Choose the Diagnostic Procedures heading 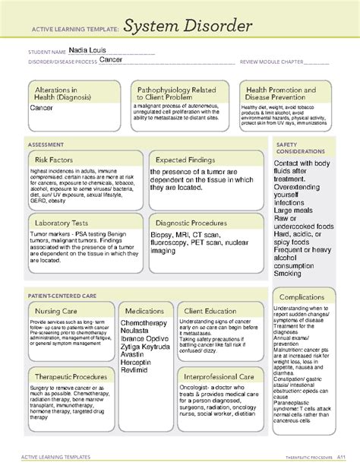195,223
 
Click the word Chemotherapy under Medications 144,323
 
